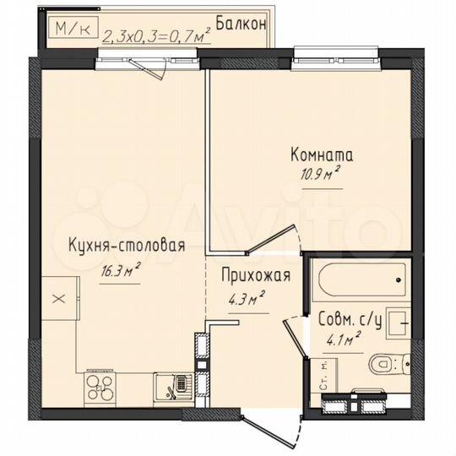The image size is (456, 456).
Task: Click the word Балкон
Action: (x=241, y=23)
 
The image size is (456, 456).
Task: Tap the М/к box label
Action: (x=71, y=28)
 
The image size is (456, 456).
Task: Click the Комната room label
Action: (x=322, y=155)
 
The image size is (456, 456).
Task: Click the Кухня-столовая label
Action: (x=126, y=246)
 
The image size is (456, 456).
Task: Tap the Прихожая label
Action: (x=257, y=274)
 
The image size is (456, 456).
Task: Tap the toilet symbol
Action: (x=387, y=363)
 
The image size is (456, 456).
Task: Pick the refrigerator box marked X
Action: (x=57, y=298)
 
